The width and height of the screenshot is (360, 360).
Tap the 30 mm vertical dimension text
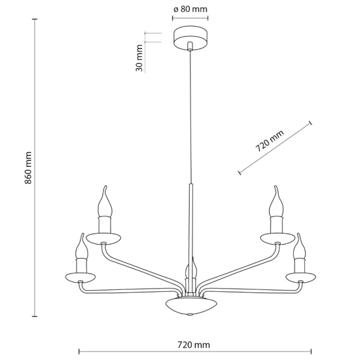pyautogui.click(x=139, y=58)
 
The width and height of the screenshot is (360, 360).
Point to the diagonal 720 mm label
pyautogui.click(x=269, y=141)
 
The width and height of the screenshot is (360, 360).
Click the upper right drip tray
pyautogui.click(x=274, y=236)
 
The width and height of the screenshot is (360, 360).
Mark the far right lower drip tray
pyautogui.click(x=300, y=275)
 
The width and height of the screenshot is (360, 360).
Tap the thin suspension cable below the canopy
pyautogui.click(x=190, y=118)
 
